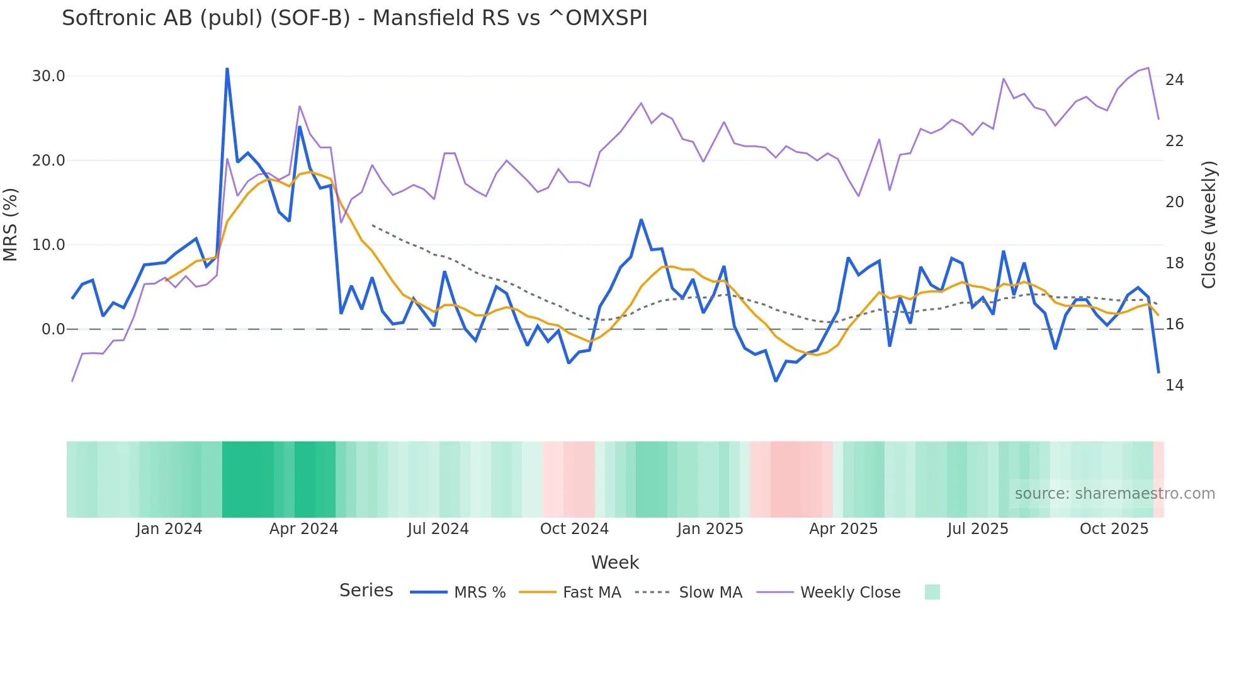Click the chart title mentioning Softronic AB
[354, 18]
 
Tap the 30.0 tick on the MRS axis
[48, 76]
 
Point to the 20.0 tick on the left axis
[48, 161]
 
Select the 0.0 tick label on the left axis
[53, 329]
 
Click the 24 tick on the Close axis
[1174, 80]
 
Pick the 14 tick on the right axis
[1174, 385]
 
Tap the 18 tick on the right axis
[1174, 263]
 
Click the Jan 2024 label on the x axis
[169, 529]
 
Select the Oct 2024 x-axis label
[574, 529]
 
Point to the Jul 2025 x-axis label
[978, 529]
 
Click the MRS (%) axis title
[11, 224]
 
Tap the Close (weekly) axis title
[1208, 225]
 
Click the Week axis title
[614, 562]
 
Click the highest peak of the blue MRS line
[227, 69]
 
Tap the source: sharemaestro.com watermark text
[1114, 494]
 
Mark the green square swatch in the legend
[932, 592]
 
